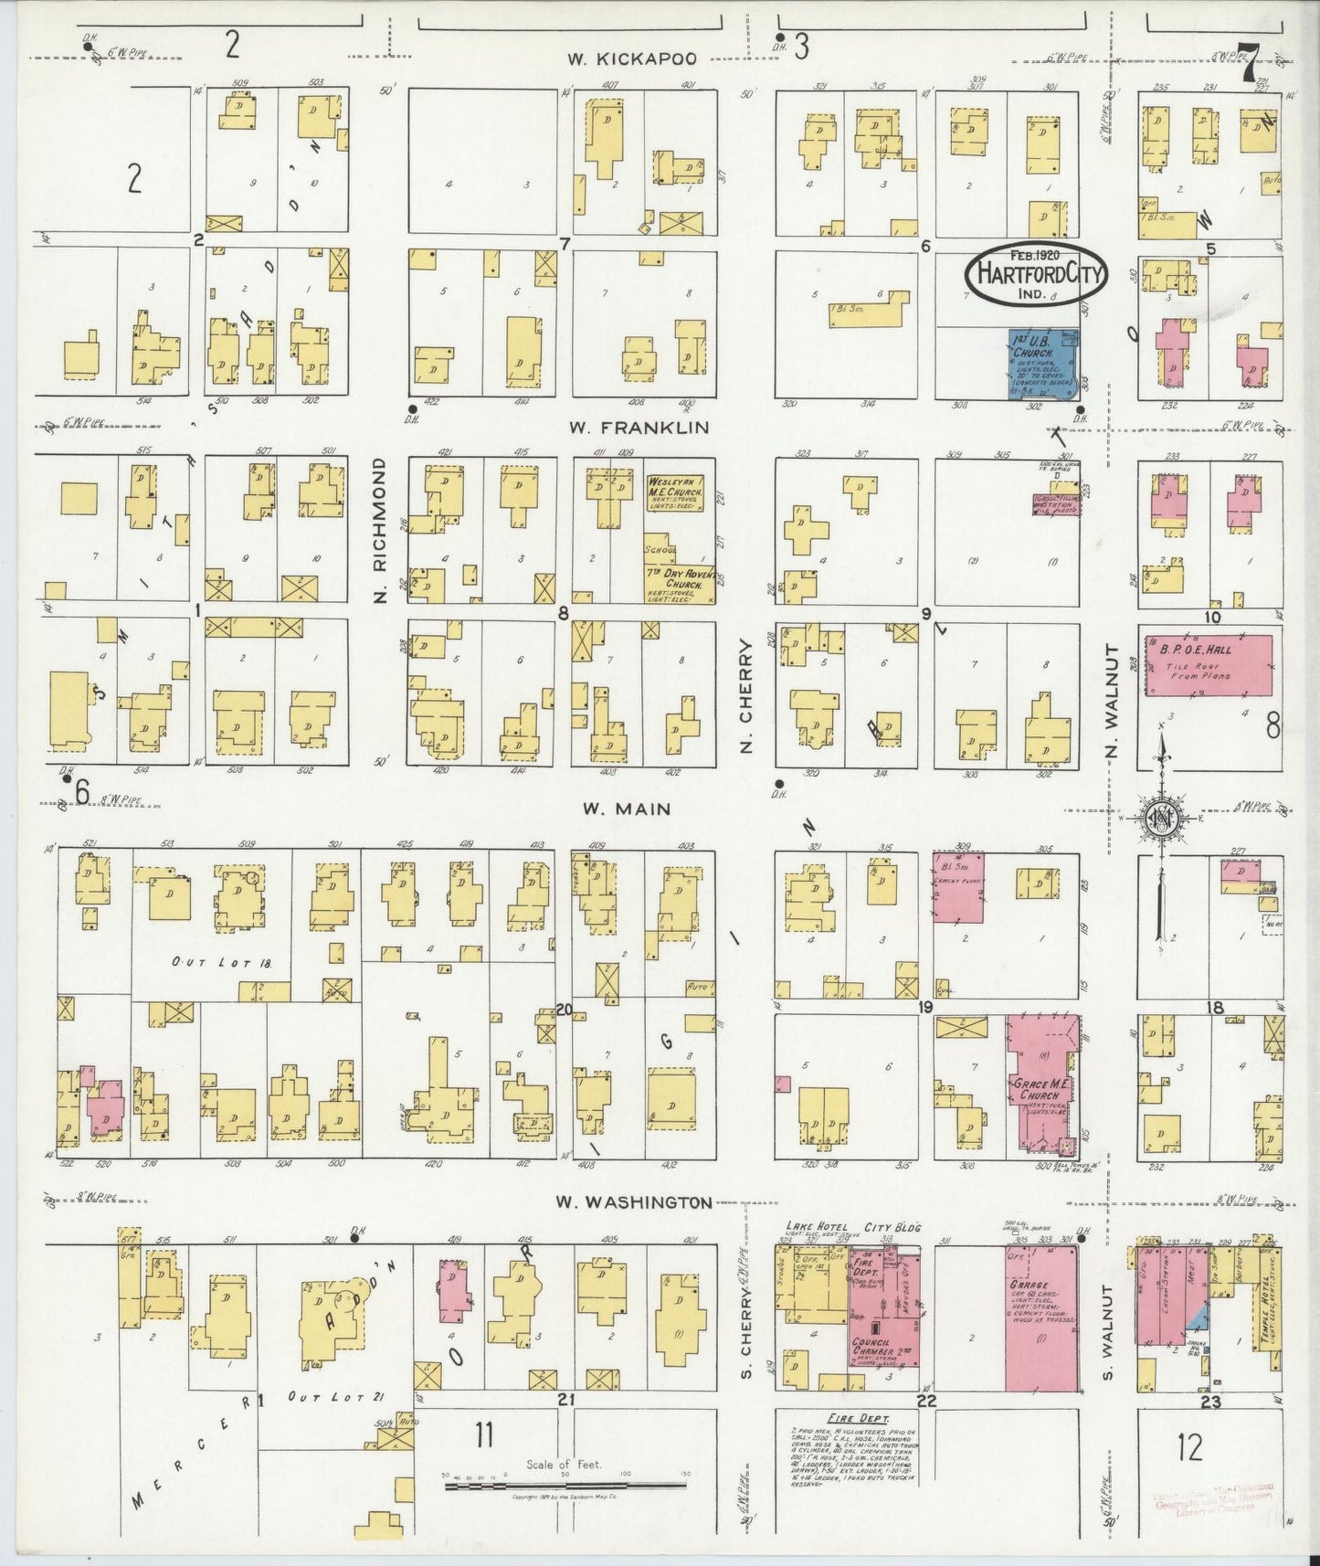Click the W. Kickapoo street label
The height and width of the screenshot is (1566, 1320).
(x=631, y=59)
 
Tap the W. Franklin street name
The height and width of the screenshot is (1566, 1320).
(x=639, y=427)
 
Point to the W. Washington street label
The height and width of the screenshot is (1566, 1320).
(x=634, y=1203)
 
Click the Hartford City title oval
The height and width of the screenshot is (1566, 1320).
(x=1036, y=272)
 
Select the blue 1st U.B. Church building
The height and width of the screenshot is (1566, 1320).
(x=1042, y=364)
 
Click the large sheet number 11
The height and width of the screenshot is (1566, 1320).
(x=483, y=1435)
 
